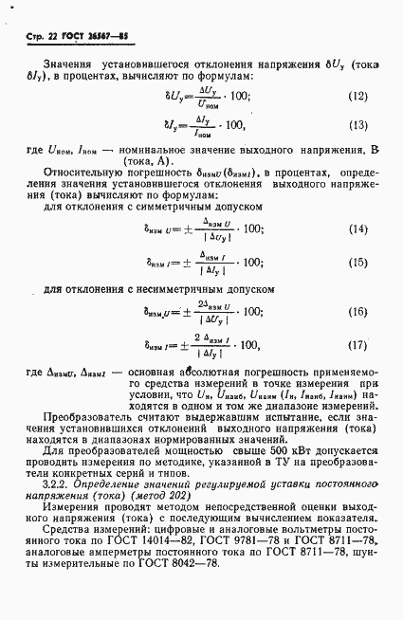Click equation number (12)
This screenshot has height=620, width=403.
(357, 96)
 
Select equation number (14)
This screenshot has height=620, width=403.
(357, 230)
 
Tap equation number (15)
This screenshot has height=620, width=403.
(357, 263)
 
